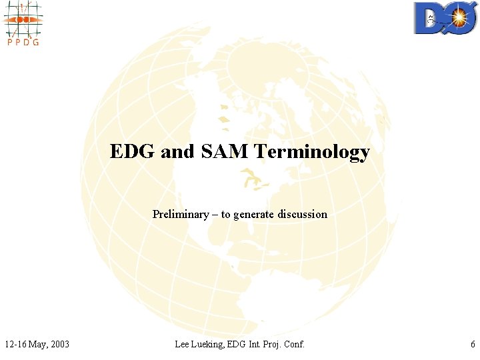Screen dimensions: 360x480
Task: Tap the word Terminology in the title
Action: point(310,153)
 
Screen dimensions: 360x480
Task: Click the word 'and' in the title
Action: point(177,152)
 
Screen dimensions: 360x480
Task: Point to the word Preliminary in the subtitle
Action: point(180,214)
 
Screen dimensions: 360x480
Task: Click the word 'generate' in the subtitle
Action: point(254,215)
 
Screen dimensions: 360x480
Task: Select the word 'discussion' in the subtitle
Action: point(303,214)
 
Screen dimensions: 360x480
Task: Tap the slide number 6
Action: point(472,344)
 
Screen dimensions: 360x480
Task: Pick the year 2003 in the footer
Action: point(58,344)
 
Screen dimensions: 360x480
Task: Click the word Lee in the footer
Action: point(183,344)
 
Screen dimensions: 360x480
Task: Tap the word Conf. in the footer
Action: point(293,344)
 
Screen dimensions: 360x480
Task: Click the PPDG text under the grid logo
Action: point(22,42)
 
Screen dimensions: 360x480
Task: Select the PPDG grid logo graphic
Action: point(22,19)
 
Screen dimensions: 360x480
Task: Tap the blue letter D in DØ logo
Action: point(428,19)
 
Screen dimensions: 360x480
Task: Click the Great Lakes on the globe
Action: point(249,179)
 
